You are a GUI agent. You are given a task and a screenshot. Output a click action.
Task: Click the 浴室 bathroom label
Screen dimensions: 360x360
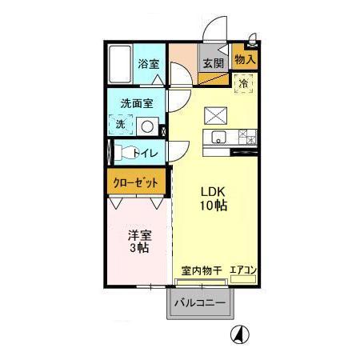pos(147,65)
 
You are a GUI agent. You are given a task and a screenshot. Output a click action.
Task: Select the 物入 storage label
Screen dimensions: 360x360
pos(245,59)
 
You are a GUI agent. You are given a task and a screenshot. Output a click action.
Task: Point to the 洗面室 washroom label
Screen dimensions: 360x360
pos(137,104)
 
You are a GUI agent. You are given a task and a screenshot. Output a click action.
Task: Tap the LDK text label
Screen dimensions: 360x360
pos(212,192)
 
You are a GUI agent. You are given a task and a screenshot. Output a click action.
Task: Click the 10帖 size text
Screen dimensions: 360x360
pos(212,206)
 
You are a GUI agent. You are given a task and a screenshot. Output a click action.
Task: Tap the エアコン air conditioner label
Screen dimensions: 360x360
pos(242,270)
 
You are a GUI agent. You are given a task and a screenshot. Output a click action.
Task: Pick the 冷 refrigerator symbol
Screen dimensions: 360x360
pos(243,82)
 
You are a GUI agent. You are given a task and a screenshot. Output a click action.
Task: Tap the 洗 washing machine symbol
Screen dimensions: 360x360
pos(119,124)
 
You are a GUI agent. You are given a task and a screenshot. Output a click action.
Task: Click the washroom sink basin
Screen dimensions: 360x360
pos(146,126)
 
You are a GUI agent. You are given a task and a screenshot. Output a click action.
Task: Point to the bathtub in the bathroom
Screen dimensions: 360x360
pos(119,63)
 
